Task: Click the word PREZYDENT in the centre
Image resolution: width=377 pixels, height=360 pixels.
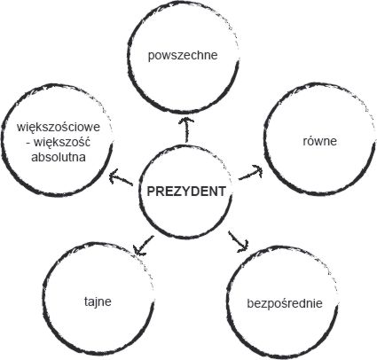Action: (x=186, y=192)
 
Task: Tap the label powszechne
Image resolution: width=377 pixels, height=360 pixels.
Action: (x=183, y=56)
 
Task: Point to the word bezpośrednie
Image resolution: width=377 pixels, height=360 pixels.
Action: (x=285, y=303)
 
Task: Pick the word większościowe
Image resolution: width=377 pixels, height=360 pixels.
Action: (x=59, y=128)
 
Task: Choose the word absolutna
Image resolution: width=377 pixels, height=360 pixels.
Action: (x=59, y=157)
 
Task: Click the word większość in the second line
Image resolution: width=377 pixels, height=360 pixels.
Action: (x=62, y=143)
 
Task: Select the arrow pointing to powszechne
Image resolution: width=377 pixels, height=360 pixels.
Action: (x=186, y=129)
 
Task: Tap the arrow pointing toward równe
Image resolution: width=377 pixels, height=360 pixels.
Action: (x=251, y=172)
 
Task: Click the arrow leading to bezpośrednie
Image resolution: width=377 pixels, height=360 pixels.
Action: (x=239, y=242)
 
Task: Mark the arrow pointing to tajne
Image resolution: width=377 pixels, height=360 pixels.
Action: (x=144, y=245)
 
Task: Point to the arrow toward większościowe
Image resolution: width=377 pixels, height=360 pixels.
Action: (x=121, y=177)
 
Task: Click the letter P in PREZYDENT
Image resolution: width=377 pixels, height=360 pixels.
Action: (x=151, y=192)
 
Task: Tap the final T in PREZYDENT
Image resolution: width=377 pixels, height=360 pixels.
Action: (x=222, y=192)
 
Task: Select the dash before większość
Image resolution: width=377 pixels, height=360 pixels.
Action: (x=28, y=143)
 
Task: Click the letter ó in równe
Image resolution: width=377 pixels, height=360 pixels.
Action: (x=310, y=141)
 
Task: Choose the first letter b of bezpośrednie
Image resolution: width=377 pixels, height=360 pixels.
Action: (x=250, y=303)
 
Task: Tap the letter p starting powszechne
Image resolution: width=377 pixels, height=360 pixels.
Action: (x=151, y=56)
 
